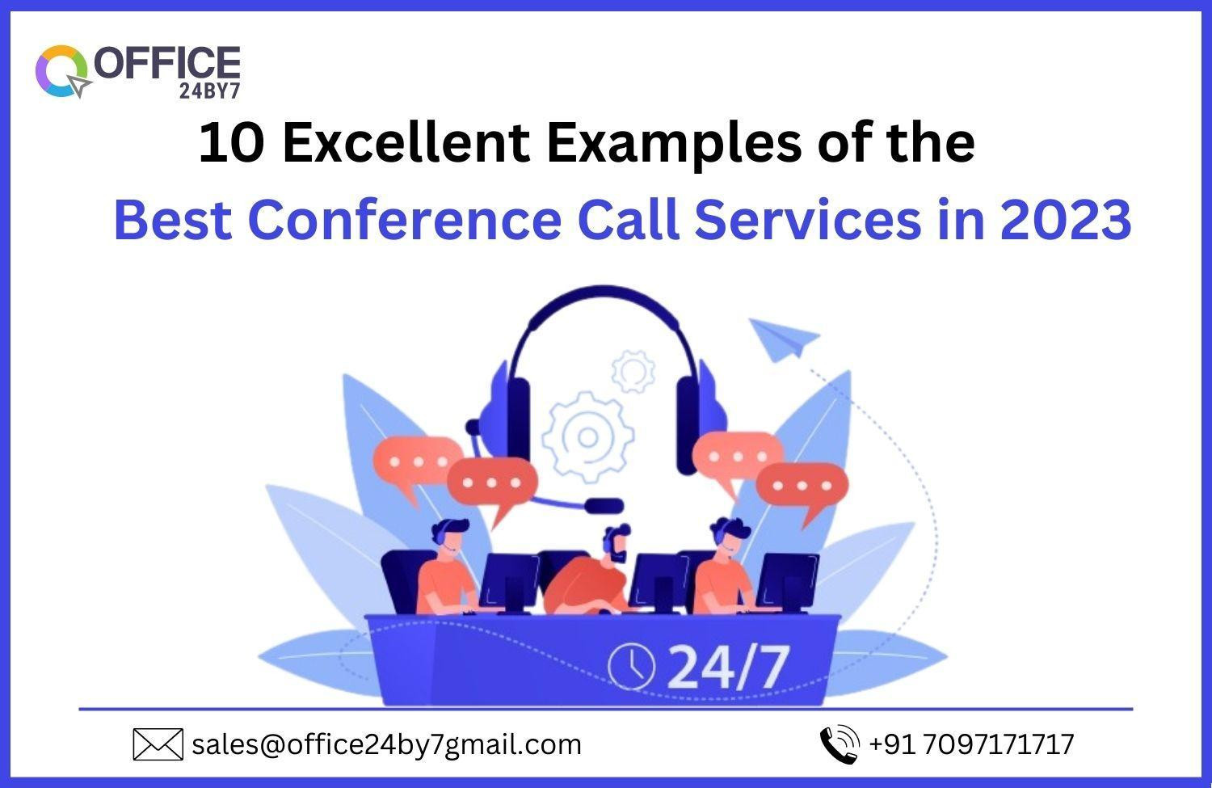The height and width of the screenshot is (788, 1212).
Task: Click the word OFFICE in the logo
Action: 167,64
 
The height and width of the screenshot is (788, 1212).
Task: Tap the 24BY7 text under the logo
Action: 209,91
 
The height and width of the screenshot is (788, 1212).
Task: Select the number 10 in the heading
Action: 232,143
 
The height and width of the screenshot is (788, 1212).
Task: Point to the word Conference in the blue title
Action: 405,220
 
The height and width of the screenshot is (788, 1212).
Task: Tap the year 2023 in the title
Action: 1066,220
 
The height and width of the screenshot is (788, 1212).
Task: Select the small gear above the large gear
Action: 633,372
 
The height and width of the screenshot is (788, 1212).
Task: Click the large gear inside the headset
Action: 587,436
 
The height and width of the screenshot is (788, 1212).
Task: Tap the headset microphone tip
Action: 604,506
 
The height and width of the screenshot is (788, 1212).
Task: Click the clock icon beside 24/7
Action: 631,666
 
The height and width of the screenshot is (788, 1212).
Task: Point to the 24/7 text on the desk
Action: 729,667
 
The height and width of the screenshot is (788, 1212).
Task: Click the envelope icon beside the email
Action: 158,744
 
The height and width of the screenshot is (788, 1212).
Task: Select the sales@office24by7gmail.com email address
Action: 386,744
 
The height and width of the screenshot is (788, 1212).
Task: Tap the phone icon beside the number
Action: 840,744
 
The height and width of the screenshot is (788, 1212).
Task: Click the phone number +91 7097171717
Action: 971,744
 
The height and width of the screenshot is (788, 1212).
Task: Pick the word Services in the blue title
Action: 808,220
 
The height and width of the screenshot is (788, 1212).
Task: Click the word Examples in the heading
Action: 674,143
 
